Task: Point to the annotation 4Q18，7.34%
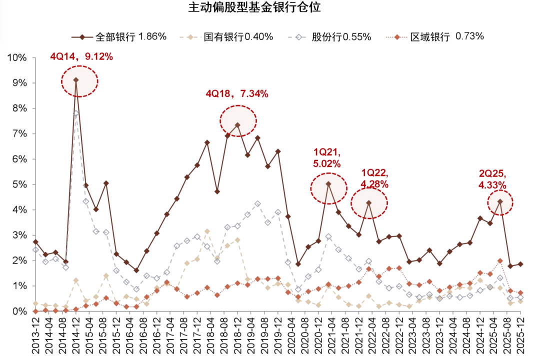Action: coord(237,93)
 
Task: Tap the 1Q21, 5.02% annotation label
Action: coord(327,157)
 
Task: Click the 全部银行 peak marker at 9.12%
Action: coord(76,80)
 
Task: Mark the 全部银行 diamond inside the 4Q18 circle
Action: coord(237,125)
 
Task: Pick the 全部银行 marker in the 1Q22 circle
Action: coord(368,203)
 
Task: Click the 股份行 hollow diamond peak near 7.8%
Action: coord(76,113)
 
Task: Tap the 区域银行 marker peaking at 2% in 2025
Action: coord(500,260)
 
